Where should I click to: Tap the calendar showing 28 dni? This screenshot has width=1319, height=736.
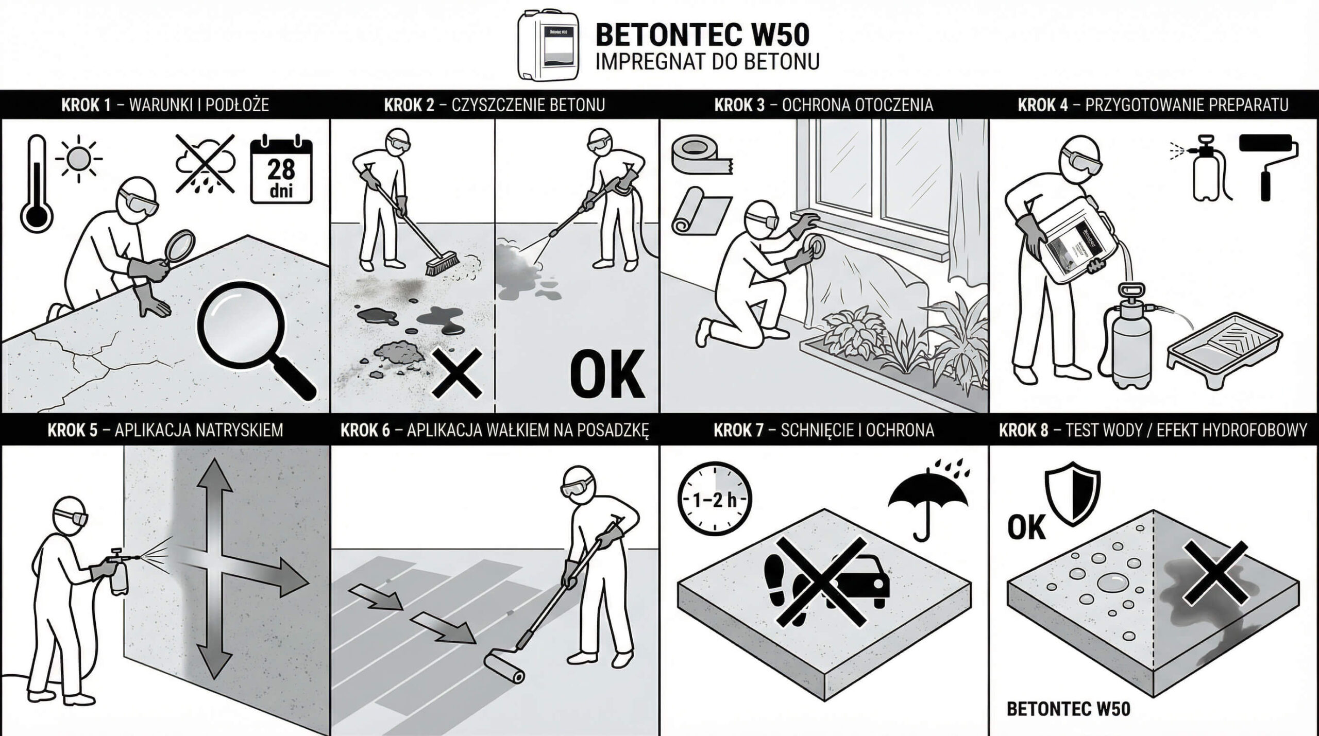pos(281,170)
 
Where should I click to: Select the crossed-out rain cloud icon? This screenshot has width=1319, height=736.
pos(205,164)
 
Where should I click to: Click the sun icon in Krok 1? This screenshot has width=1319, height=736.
pos(78,159)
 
